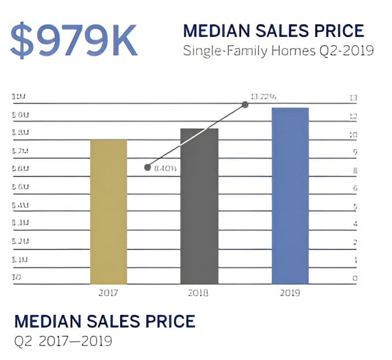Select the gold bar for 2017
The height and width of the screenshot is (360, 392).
coord(108,211)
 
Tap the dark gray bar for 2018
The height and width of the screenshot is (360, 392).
coord(199,205)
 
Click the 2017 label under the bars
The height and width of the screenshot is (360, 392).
coord(108,293)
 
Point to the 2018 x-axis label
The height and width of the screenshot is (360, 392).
coord(198,293)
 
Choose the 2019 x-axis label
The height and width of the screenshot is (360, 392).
coord(290,293)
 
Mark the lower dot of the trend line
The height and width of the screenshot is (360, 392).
coord(147,168)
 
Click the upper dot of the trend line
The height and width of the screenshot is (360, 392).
coord(245,105)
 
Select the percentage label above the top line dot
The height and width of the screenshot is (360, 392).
coord(262,96)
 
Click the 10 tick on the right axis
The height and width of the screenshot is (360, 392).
coord(353,135)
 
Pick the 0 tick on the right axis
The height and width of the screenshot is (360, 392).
coord(354,278)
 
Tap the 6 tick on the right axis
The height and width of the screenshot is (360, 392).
coord(354,188)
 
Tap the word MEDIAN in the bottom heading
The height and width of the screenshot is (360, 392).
coord(49,322)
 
